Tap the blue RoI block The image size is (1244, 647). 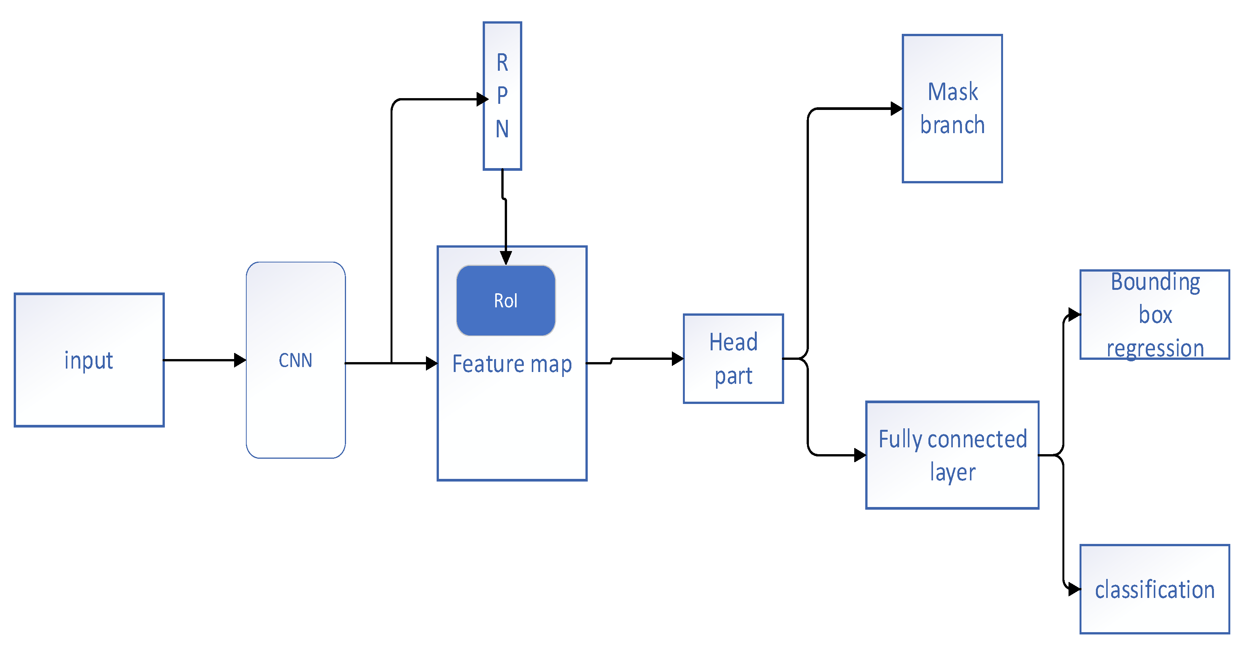(506, 300)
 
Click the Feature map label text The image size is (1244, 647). (512, 364)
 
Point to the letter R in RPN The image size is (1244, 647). (502, 63)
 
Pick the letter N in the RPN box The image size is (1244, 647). (502, 129)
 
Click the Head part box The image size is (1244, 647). (733, 358)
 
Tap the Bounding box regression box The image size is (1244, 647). (1155, 315)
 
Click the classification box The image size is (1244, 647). (1155, 589)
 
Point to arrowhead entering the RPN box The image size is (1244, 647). (482, 99)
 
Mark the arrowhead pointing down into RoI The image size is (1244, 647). (506, 258)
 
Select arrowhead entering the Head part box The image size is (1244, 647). (678, 358)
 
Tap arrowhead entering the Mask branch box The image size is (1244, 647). (896, 108)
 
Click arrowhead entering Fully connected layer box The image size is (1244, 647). (860, 455)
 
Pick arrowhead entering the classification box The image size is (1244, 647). (1074, 589)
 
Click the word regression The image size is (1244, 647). (1155, 348)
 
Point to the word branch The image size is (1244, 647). (952, 126)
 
